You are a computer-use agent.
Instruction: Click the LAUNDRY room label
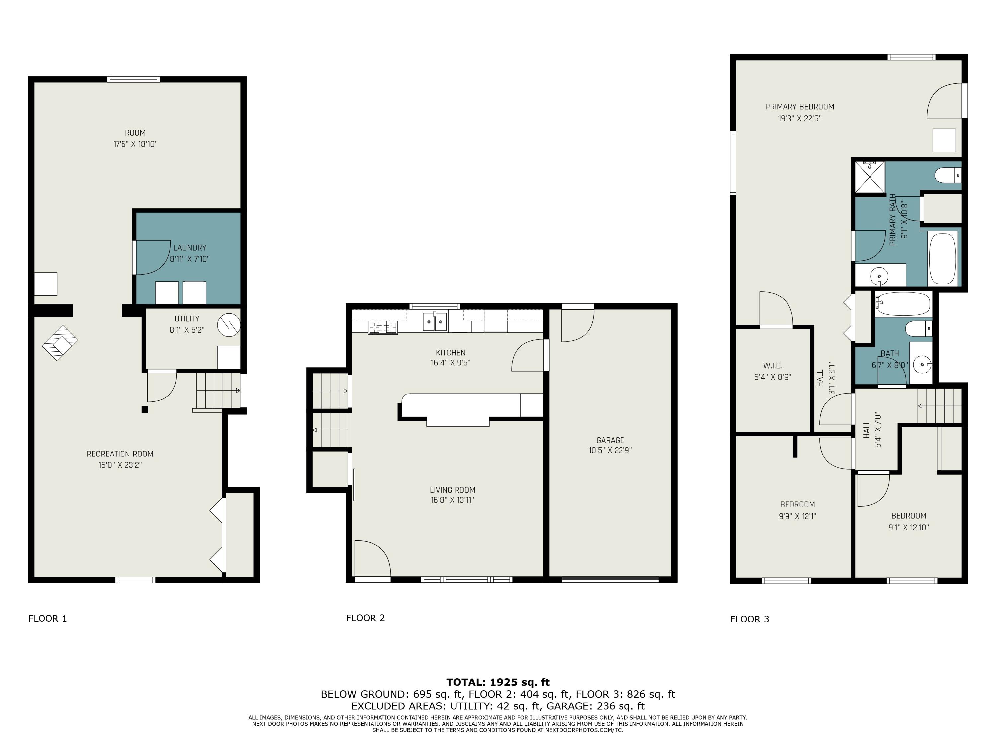(190, 248)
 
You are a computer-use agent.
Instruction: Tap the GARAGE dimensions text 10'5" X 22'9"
(610, 450)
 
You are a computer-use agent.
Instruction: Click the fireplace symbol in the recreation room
(59, 343)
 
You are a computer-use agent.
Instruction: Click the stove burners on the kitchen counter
(383, 328)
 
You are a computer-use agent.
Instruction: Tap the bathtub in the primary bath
(943, 258)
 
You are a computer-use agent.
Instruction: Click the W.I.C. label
(773, 366)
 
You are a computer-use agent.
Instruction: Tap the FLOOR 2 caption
(365, 618)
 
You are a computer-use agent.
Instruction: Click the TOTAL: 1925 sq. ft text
(498, 682)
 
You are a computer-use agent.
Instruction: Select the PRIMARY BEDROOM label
(800, 107)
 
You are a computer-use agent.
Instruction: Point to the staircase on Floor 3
(940, 406)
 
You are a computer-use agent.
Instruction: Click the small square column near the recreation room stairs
(144, 410)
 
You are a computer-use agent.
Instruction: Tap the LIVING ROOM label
(453, 490)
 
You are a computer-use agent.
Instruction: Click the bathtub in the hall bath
(903, 304)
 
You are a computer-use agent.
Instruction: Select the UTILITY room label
(187, 319)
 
